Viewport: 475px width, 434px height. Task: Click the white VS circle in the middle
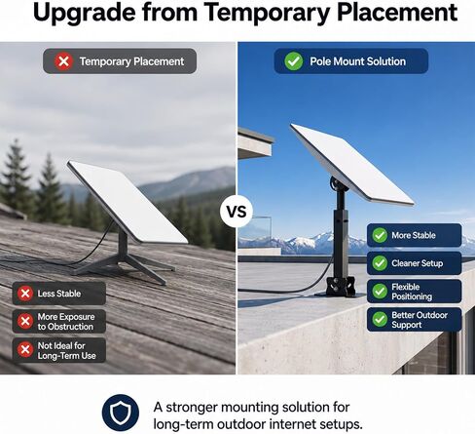click(237, 212)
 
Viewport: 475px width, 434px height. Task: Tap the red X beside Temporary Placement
click(63, 61)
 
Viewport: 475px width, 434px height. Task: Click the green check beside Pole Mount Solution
click(294, 61)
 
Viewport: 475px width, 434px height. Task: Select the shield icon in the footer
click(121, 413)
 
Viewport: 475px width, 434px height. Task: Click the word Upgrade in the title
click(84, 13)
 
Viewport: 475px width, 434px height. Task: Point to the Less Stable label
click(59, 294)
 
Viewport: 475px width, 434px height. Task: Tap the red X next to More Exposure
click(25, 321)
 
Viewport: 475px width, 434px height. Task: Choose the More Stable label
click(414, 235)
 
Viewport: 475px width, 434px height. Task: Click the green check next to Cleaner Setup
click(380, 263)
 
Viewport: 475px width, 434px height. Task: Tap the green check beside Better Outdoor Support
click(380, 319)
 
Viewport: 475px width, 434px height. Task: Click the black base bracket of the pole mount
click(341, 287)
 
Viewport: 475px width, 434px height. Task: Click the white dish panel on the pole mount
click(352, 164)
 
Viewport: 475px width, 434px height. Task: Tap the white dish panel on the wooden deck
click(128, 202)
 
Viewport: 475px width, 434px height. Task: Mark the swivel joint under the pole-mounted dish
click(338, 184)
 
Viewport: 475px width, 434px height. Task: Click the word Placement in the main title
click(397, 13)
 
